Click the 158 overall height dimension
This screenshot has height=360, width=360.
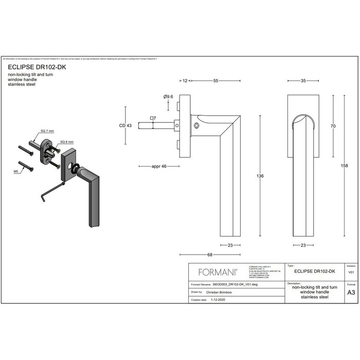(344, 165)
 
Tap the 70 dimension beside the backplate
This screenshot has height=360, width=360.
(333, 126)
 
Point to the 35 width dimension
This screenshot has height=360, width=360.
(303, 81)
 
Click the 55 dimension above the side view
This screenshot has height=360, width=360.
(215, 81)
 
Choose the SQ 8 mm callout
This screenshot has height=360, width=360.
(66, 141)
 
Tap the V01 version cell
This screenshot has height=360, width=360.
(351, 272)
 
